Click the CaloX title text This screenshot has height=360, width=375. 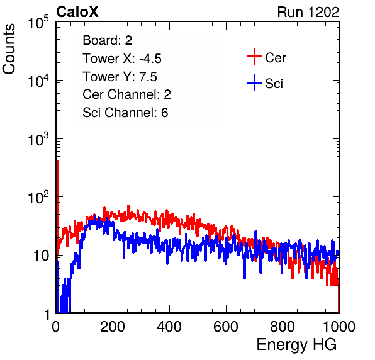[77, 12]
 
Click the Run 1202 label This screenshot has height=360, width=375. [308, 12]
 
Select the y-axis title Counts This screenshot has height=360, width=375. [9, 49]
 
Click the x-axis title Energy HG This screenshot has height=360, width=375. [296, 345]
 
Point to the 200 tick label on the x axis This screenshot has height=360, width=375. [113, 327]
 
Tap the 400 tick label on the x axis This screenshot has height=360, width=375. [169, 327]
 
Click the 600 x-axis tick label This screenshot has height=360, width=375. [226, 327]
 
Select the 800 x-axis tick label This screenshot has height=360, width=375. [283, 327]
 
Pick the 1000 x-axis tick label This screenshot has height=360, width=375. [339, 327]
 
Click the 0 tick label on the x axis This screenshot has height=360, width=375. [56, 327]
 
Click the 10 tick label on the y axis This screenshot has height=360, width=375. [41, 256]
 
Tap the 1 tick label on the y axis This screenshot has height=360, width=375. [47, 314]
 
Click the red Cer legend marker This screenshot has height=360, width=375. [254, 57]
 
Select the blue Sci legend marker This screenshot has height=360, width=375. [254, 83]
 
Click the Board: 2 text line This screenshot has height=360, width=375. [108, 40]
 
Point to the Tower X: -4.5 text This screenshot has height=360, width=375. [122, 59]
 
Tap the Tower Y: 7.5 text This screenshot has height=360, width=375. [120, 77]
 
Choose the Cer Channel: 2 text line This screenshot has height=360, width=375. [126, 94]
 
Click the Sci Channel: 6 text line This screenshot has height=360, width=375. [125, 113]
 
